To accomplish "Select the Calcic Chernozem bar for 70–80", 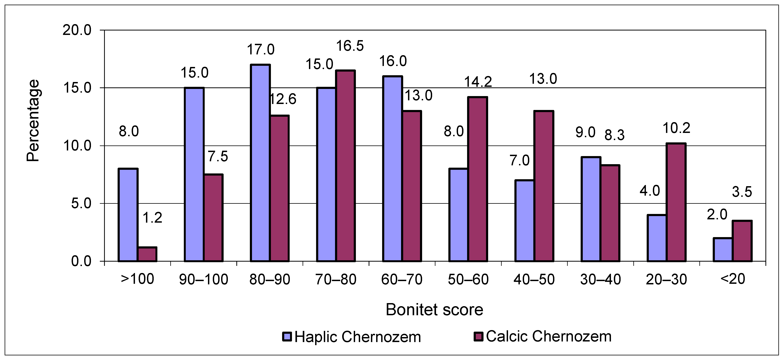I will point(345,166).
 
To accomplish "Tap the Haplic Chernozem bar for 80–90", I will point(260,163).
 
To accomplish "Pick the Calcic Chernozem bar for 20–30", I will point(676,202).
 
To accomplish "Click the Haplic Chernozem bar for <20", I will point(723,249).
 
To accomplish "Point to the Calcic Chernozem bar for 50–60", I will point(478,179).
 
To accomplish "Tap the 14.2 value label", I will point(478,82).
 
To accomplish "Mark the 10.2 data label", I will point(676,128).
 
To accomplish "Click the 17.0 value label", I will point(260,50).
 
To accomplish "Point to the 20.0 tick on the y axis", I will point(77,30).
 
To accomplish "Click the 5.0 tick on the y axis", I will point(81,204).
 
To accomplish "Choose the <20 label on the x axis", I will point(733,279).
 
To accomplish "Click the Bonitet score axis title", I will point(434,310).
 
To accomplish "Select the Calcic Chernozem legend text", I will point(548,336).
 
